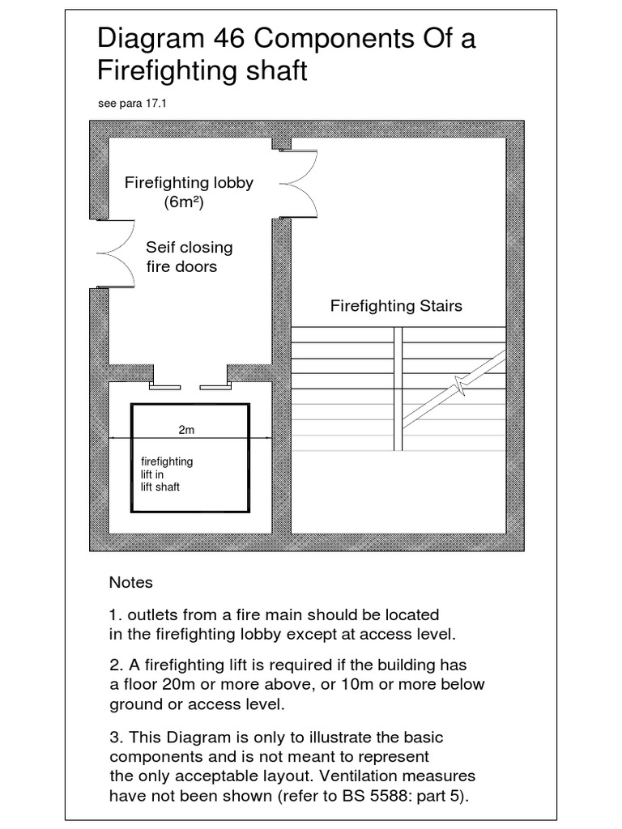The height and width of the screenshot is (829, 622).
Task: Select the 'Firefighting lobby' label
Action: [189, 183]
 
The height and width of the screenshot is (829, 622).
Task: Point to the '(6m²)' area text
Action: [184, 203]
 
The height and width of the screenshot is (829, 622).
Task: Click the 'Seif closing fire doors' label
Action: [188, 257]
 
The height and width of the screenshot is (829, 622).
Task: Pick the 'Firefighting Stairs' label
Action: [396, 306]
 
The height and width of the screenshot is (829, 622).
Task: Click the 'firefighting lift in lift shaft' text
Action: [167, 474]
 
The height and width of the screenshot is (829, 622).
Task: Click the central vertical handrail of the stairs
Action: [398, 389]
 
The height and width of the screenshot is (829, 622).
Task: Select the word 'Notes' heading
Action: [130, 583]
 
